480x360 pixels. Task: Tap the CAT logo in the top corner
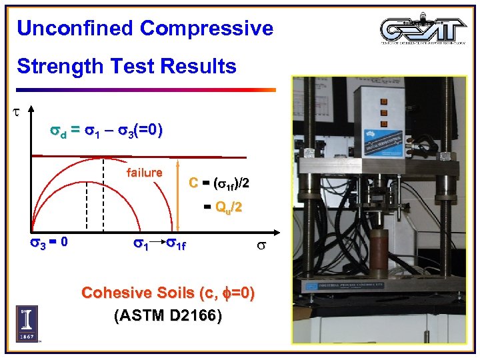coord(424,29)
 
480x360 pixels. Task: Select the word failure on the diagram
coord(144,173)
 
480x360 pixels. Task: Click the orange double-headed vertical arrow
coord(178,193)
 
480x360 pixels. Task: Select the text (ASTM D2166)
coord(167,315)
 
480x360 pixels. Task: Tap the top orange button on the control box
coord(383,102)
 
